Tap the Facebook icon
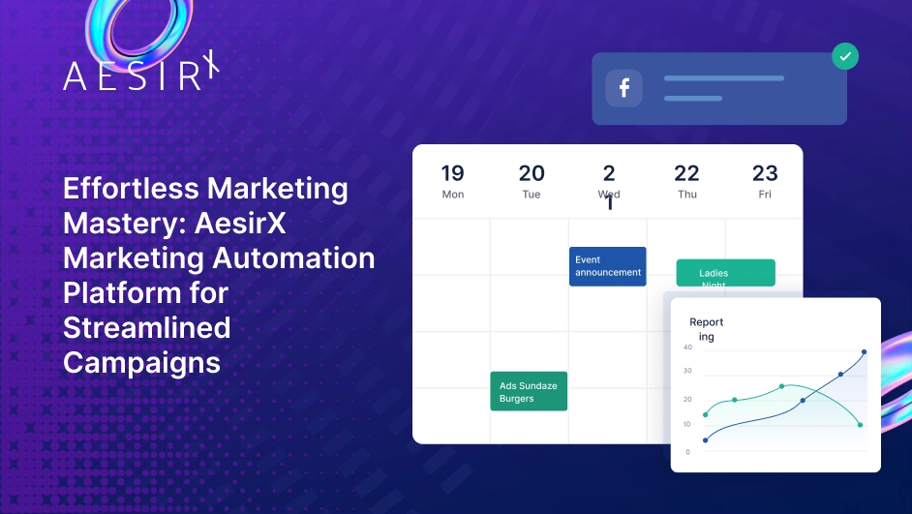(624, 88)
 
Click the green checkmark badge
(845, 56)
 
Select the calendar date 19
(452, 173)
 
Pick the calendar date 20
(532, 173)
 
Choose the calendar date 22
(686, 173)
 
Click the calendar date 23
(765, 173)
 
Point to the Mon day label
(452, 195)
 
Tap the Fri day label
(765, 195)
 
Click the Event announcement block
(607, 266)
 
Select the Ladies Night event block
(725, 273)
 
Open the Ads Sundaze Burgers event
(529, 391)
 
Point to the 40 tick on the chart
(687, 347)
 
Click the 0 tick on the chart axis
(687, 452)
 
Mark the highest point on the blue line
(864, 352)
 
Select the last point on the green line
(860, 425)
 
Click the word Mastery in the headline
(111, 223)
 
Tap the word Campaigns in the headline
(141, 362)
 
